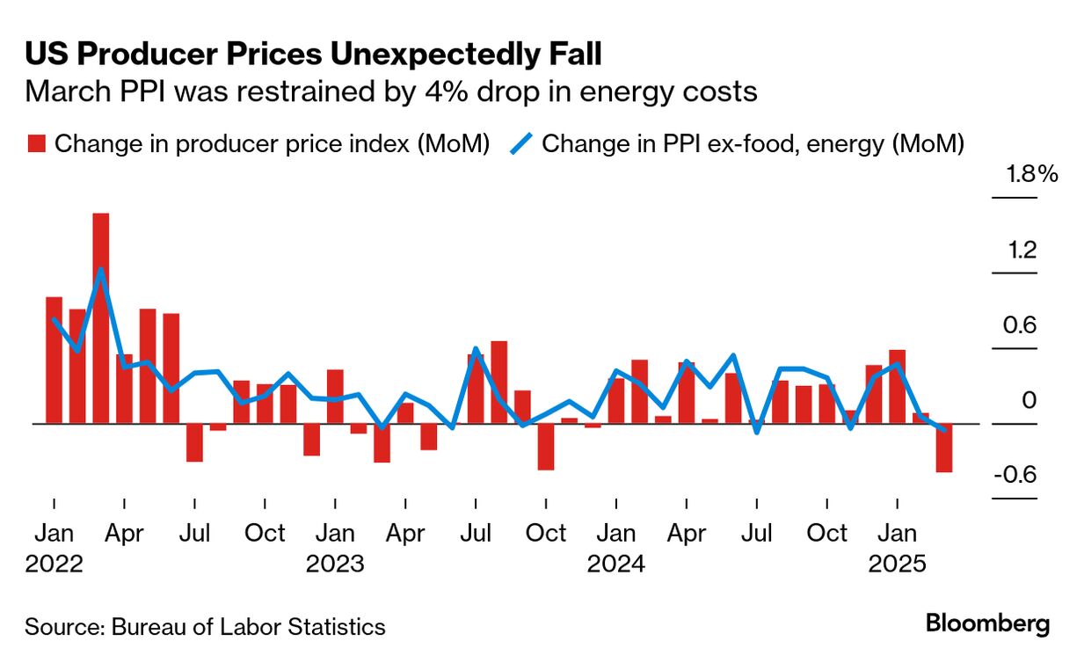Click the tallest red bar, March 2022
[x=100, y=318]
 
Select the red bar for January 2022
[x=54, y=361]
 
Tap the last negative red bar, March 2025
[x=944, y=448]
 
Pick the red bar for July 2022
[x=194, y=443]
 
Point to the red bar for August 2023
[x=499, y=382]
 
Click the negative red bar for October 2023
[x=546, y=447]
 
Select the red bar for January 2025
[x=898, y=387]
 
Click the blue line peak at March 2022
[x=101, y=270]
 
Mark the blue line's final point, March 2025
[x=944, y=430]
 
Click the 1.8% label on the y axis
[x=1031, y=174]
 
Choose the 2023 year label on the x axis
[x=335, y=564]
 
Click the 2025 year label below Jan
[x=898, y=564]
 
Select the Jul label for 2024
[x=757, y=534]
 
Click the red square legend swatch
[x=36, y=144]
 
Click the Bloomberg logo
[x=987, y=625]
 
